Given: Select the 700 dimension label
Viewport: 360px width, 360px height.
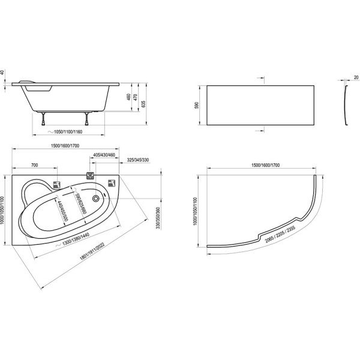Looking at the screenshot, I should tap(34, 164).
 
